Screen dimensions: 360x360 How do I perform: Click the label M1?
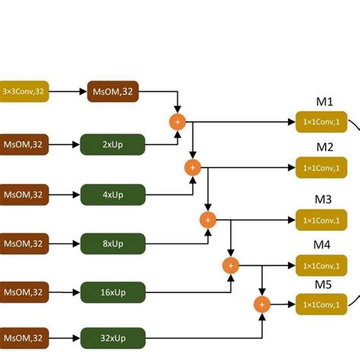(x=324, y=101)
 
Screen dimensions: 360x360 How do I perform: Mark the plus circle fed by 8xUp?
(x=207, y=219)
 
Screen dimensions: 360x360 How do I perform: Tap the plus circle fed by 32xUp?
(x=261, y=305)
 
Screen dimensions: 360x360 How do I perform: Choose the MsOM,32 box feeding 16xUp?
(x=23, y=291)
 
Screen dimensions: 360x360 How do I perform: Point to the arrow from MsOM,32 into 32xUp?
(x=65, y=335)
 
